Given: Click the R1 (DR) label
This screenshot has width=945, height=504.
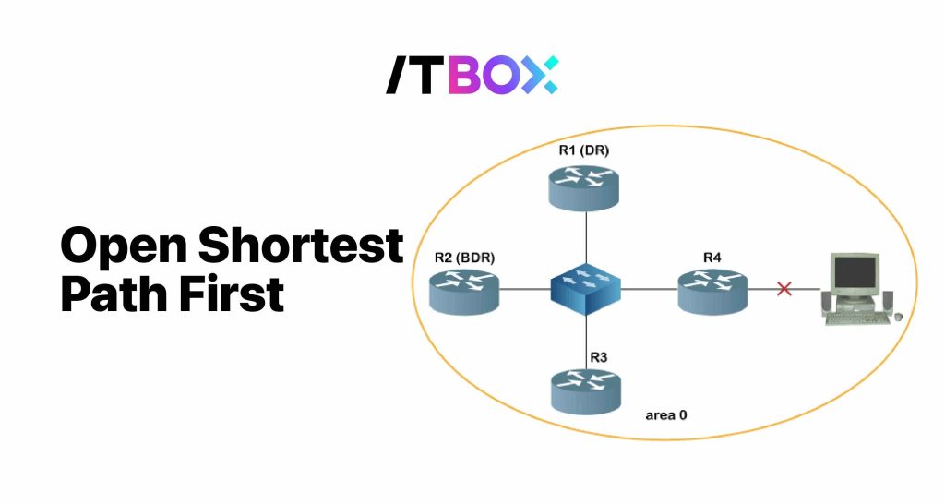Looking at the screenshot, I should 584,150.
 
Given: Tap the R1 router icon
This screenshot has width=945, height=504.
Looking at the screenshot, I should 585,185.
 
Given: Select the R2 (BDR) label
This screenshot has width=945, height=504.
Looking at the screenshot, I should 464,258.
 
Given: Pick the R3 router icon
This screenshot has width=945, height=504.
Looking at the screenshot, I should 585,390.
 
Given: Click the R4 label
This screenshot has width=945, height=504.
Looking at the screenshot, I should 712,257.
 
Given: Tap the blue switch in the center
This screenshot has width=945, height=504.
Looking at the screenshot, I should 585,290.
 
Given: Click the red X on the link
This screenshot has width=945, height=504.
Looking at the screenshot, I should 784,289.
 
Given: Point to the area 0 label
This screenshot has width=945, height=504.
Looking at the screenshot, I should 665,415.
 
